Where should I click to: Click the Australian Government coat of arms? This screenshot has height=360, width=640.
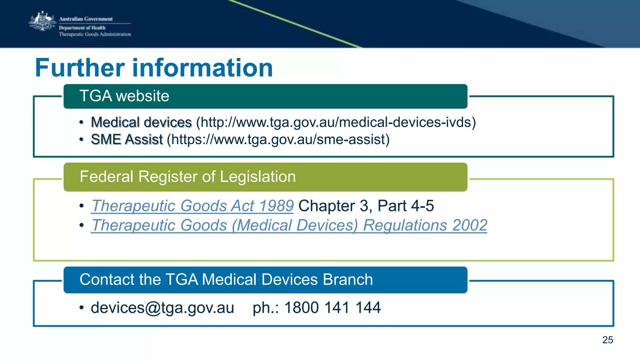click(42, 21)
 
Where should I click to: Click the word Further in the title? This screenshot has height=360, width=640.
click(80, 68)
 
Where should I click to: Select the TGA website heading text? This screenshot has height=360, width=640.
click(124, 96)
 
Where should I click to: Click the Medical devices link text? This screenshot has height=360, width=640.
click(141, 122)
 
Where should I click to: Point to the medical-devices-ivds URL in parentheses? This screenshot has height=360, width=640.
click(336, 122)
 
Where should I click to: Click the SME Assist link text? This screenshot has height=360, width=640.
click(127, 139)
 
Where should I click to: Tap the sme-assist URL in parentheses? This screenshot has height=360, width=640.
click(278, 139)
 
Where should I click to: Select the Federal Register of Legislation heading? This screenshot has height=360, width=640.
click(187, 177)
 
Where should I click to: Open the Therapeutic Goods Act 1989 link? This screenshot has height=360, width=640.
click(192, 206)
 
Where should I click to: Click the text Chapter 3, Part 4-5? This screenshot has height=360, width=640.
click(366, 206)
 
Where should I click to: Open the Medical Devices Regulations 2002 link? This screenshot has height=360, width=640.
click(289, 225)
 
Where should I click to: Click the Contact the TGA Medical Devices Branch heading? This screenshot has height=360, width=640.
click(226, 279)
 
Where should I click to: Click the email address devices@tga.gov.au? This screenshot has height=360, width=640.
click(162, 307)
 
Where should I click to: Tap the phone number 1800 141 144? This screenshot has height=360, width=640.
click(332, 307)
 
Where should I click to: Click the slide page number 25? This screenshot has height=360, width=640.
click(607, 340)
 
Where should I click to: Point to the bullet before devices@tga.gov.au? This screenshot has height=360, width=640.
click(82, 308)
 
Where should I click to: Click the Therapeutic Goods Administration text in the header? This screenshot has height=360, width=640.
click(95, 34)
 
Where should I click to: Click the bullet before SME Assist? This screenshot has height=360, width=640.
click(82, 140)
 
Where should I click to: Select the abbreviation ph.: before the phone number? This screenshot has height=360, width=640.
click(266, 307)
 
